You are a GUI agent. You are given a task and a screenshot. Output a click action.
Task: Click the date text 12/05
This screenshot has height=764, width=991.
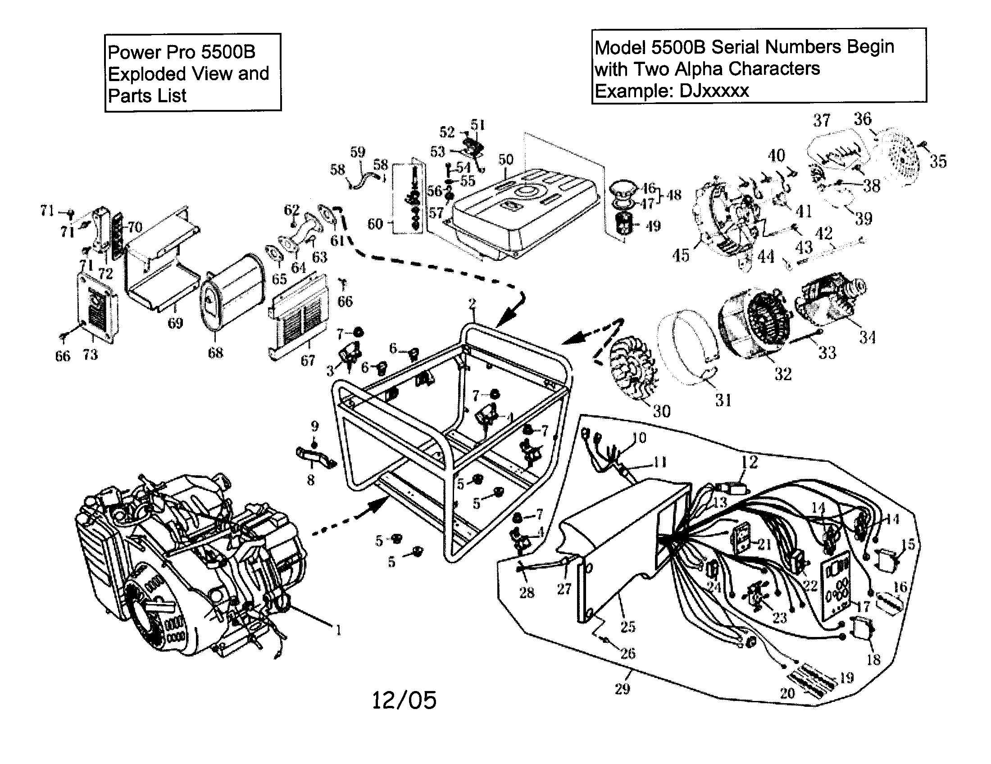[x=404, y=700]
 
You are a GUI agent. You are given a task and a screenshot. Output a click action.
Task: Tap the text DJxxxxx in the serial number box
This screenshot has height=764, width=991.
[x=714, y=91]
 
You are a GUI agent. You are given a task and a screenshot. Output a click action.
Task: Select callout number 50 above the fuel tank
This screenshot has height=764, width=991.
[x=506, y=160]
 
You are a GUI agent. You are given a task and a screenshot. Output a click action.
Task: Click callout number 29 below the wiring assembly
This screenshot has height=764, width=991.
[x=622, y=689]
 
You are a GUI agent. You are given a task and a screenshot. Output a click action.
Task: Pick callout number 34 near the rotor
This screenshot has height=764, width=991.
[x=867, y=337]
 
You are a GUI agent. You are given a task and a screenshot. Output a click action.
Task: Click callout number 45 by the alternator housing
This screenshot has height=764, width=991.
[x=681, y=255]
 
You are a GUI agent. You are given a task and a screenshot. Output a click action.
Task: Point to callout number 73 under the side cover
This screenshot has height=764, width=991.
[x=90, y=355]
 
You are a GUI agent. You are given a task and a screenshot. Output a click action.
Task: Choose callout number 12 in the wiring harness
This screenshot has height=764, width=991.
[x=749, y=462]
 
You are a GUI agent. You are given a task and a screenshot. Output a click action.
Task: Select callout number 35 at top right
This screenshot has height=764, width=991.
[x=938, y=161]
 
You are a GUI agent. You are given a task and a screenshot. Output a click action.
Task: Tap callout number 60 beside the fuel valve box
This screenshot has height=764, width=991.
[x=375, y=224]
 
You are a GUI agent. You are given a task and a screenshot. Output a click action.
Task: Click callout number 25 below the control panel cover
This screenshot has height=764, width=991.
[x=627, y=627]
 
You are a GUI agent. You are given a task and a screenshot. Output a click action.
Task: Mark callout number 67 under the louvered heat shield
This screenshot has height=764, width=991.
[x=308, y=361]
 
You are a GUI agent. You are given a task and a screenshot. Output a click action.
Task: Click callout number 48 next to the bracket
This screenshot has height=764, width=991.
[x=674, y=195]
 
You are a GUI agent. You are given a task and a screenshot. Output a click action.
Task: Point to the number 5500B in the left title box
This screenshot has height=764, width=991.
[x=228, y=52]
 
